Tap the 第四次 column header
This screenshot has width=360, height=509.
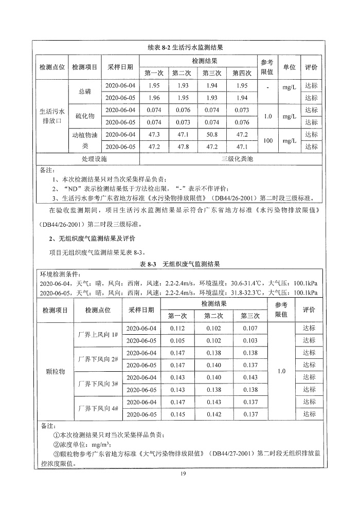tap(242, 73)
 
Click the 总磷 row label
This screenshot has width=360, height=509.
tap(85, 92)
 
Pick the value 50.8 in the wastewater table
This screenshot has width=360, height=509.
tap(210, 135)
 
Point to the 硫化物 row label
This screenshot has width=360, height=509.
tap(85, 116)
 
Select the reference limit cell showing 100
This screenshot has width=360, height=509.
tap(266, 140)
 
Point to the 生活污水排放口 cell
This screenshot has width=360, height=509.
tap(52, 116)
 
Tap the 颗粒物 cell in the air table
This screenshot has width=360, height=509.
tap(55, 371)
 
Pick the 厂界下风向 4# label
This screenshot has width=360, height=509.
tap(97, 408)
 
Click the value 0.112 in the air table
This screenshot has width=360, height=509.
tap(177, 328)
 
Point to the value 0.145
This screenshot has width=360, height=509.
tap(177, 414)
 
